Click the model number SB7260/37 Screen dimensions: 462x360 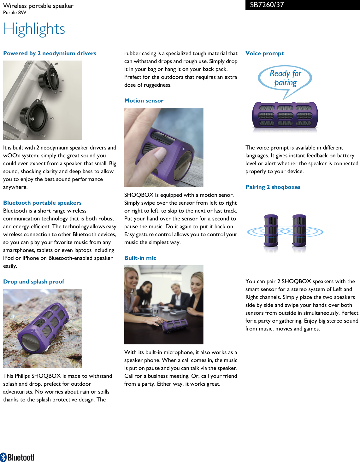267,5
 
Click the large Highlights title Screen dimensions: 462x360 34,29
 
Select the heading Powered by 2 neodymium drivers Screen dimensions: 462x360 50,53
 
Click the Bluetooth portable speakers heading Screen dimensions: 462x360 42,203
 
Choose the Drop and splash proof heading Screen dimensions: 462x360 34,282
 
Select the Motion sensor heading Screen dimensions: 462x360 144,101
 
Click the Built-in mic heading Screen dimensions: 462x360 140,258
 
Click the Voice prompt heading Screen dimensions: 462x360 264,53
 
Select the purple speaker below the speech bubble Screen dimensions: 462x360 285,115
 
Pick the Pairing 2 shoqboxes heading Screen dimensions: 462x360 273,187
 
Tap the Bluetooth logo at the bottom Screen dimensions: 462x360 17,457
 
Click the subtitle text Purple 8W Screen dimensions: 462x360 15,13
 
